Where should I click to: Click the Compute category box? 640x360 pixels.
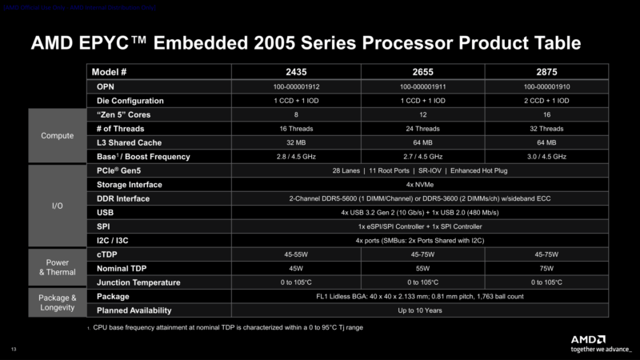click(58, 135)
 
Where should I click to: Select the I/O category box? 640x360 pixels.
click(58, 206)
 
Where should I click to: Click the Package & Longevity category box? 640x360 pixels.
click(58, 302)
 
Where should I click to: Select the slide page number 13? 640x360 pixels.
click(12, 348)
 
